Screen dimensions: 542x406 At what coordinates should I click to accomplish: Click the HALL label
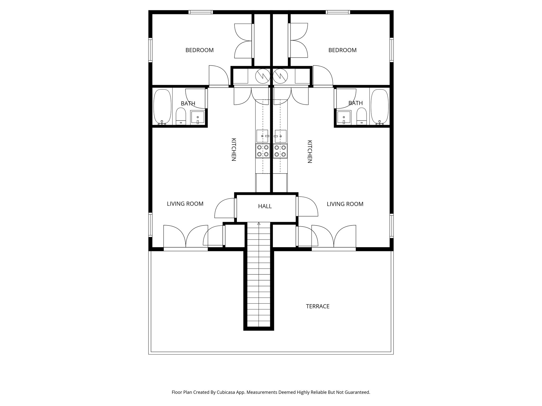[x=265, y=206]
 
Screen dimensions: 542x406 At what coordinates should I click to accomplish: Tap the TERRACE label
[x=318, y=306]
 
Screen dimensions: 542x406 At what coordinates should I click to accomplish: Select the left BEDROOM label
[x=200, y=50]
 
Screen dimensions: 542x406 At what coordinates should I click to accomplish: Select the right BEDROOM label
[x=342, y=50]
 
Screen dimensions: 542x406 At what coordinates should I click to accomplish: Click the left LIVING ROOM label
[x=185, y=204]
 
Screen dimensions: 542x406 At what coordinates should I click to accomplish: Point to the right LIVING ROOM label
[x=345, y=204]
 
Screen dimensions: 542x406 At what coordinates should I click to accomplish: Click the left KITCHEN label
[x=234, y=150]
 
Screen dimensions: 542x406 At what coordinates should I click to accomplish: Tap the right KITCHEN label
[x=310, y=151]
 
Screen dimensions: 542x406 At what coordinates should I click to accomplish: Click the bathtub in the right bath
[x=380, y=107]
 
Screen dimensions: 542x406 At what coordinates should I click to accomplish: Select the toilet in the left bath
[x=181, y=117]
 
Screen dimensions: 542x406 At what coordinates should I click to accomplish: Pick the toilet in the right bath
[x=362, y=117]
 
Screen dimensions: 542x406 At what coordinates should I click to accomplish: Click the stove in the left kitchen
[x=263, y=151]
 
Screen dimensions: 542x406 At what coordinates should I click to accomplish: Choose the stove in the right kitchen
[x=280, y=151]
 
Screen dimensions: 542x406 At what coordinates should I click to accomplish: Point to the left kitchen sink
[x=262, y=136]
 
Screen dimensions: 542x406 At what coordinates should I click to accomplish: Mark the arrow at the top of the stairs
[x=259, y=224]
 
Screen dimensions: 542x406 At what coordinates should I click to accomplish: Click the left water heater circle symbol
[x=263, y=76]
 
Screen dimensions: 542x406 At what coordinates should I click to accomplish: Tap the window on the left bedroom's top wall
[x=201, y=12]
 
